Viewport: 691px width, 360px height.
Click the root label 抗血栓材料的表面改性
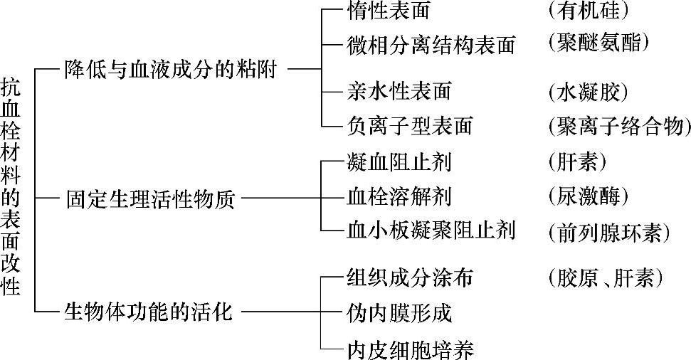(x=11, y=186)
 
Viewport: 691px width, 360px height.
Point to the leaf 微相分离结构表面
(x=431, y=45)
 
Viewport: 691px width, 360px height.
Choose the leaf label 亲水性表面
(x=399, y=91)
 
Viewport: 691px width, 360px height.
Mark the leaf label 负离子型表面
(x=410, y=126)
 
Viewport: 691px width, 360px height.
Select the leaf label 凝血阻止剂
(x=399, y=162)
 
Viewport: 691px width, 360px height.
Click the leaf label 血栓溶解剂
(x=399, y=195)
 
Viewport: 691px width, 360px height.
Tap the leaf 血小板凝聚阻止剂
(x=431, y=230)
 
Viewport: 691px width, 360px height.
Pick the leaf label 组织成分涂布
(x=410, y=277)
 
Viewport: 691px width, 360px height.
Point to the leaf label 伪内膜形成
(x=399, y=312)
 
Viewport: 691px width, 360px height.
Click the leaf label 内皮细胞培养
(x=410, y=349)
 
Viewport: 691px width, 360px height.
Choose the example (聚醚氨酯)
(x=598, y=44)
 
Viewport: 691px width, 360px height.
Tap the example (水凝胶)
(x=588, y=91)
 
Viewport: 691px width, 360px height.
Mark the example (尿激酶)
(x=588, y=195)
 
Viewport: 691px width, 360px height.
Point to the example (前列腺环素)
(x=609, y=231)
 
